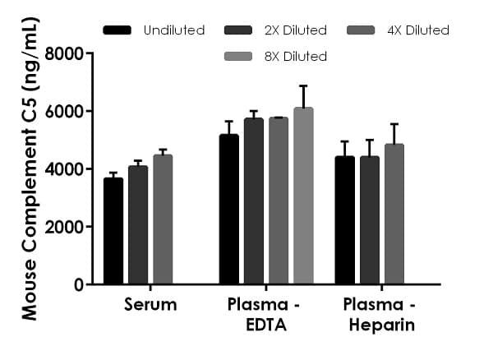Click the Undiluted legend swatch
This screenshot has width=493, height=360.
(117, 30)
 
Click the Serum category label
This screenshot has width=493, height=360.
(150, 306)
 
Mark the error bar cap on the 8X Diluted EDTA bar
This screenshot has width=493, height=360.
(303, 85)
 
